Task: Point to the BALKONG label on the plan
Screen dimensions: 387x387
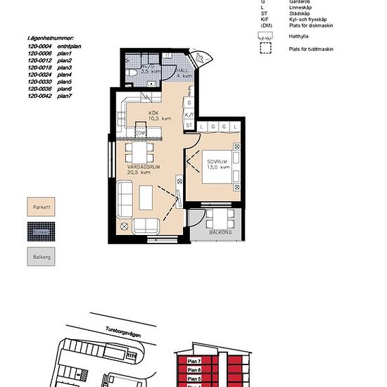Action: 221,231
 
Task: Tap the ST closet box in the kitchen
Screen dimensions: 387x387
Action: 189,125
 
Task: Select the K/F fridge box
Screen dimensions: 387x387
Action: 189,114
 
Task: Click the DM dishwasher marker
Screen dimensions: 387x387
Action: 141,132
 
